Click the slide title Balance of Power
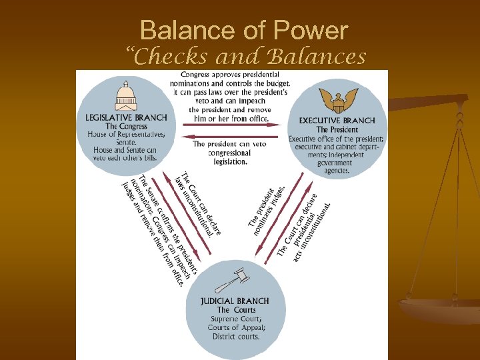tap(244, 31)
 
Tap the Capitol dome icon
tap(125, 95)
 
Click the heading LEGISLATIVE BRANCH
tap(126, 117)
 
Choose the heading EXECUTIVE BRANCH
tap(337, 121)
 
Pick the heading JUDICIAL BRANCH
tap(235, 301)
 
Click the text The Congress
tap(126, 126)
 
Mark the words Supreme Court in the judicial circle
tap(235, 319)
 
